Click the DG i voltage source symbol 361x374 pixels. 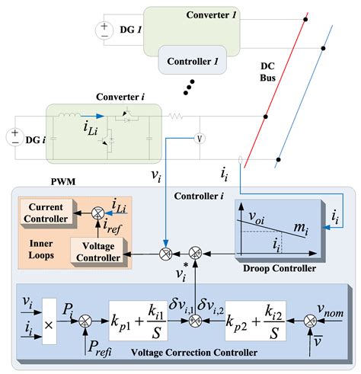point(14,138)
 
